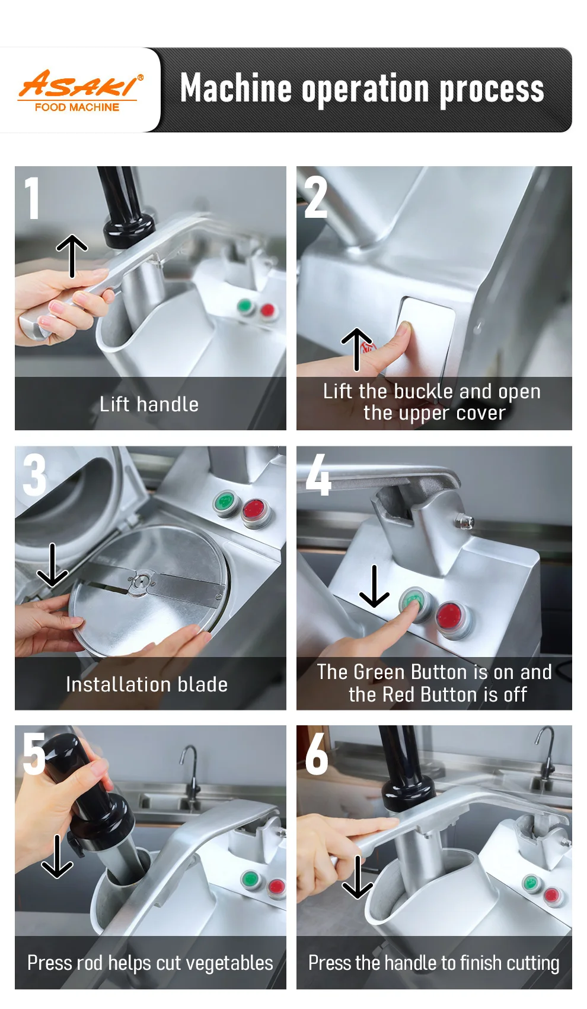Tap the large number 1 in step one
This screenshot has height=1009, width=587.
pyautogui.click(x=32, y=198)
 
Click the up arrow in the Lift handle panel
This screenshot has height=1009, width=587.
pyautogui.click(x=72, y=256)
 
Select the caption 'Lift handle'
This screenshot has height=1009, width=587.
pyautogui.click(x=149, y=404)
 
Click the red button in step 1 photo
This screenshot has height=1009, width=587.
pyautogui.click(x=267, y=310)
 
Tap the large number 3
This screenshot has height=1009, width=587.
pyautogui.click(x=34, y=475)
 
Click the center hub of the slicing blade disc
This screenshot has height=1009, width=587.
pyautogui.click(x=141, y=581)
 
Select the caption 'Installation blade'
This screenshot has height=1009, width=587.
pyautogui.click(x=146, y=684)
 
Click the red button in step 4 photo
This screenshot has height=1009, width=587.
pyautogui.click(x=451, y=615)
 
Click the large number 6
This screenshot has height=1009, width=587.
pyautogui.click(x=316, y=754)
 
